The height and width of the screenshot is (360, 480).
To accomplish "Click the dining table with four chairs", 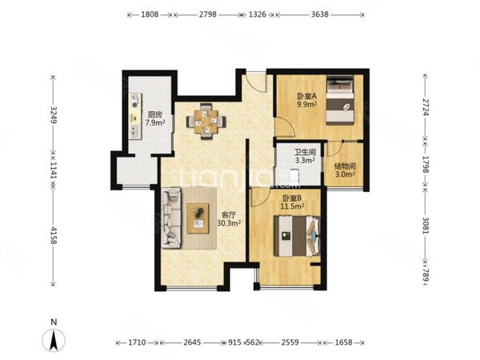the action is click(x=206, y=122).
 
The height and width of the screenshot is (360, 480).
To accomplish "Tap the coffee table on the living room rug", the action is click(x=198, y=218).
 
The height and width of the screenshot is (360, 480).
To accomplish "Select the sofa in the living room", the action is click(x=171, y=218).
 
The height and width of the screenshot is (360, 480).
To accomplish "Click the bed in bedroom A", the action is click(x=340, y=100).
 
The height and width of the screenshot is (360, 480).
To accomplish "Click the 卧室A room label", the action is click(x=306, y=96).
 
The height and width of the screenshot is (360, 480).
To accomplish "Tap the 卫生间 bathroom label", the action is click(x=305, y=152).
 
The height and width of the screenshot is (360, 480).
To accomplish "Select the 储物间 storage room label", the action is click(x=345, y=166).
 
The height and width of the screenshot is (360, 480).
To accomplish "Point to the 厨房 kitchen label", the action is click(x=155, y=114).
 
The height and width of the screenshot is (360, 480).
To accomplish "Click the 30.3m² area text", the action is click(x=229, y=223).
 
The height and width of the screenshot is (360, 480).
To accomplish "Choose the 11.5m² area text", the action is click(x=292, y=206).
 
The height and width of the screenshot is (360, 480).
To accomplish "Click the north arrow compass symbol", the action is click(x=54, y=340).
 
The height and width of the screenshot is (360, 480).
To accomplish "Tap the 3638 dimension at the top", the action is click(x=319, y=14).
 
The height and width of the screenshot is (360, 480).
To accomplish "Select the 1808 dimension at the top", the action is click(x=150, y=14).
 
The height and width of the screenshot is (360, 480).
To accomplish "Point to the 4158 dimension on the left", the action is click(x=54, y=235).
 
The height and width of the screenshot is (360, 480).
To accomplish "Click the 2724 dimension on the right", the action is click(x=426, y=107).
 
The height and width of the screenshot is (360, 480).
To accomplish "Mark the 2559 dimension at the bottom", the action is click(x=290, y=342).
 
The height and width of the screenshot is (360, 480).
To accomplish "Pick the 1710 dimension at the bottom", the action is click(x=137, y=342).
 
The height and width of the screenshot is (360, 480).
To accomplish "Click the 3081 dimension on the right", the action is click(x=426, y=226).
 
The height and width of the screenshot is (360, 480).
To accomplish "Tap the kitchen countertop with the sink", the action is click(x=135, y=116).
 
